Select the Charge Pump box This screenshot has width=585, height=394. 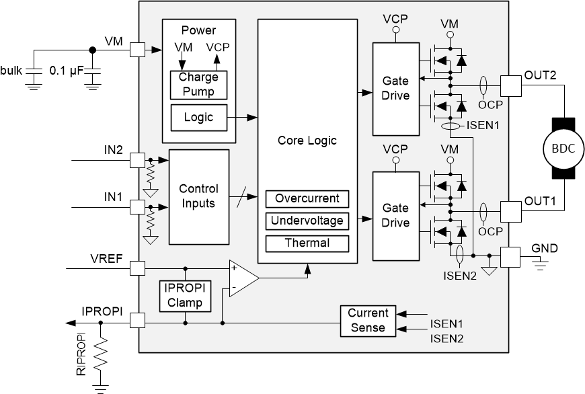pyautogui.click(x=198, y=85)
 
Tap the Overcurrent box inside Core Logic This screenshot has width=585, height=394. pyautogui.click(x=307, y=198)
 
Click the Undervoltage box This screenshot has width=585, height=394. pyautogui.click(x=307, y=221)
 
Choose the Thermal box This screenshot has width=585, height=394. pyautogui.click(x=307, y=243)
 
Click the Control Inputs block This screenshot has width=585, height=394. pyautogui.click(x=198, y=196)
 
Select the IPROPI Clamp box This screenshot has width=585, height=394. pyautogui.click(x=184, y=295)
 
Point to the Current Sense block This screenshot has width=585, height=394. pyautogui.click(x=368, y=321)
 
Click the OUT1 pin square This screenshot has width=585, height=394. pyautogui.click(x=511, y=210)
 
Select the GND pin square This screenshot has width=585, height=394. pyautogui.click(x=511, y=256)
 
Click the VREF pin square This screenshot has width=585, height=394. pyautogui.click(x=137, y=268)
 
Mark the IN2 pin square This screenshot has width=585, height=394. pyautogui.click(x=137, y=160)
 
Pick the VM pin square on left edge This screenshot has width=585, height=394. pyautogui.click(x=137, y=49)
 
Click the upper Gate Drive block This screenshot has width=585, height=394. pyautogui.click(x=395, y=87)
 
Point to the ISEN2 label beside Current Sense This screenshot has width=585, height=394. pyautogui.click(x=446, y=338)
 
